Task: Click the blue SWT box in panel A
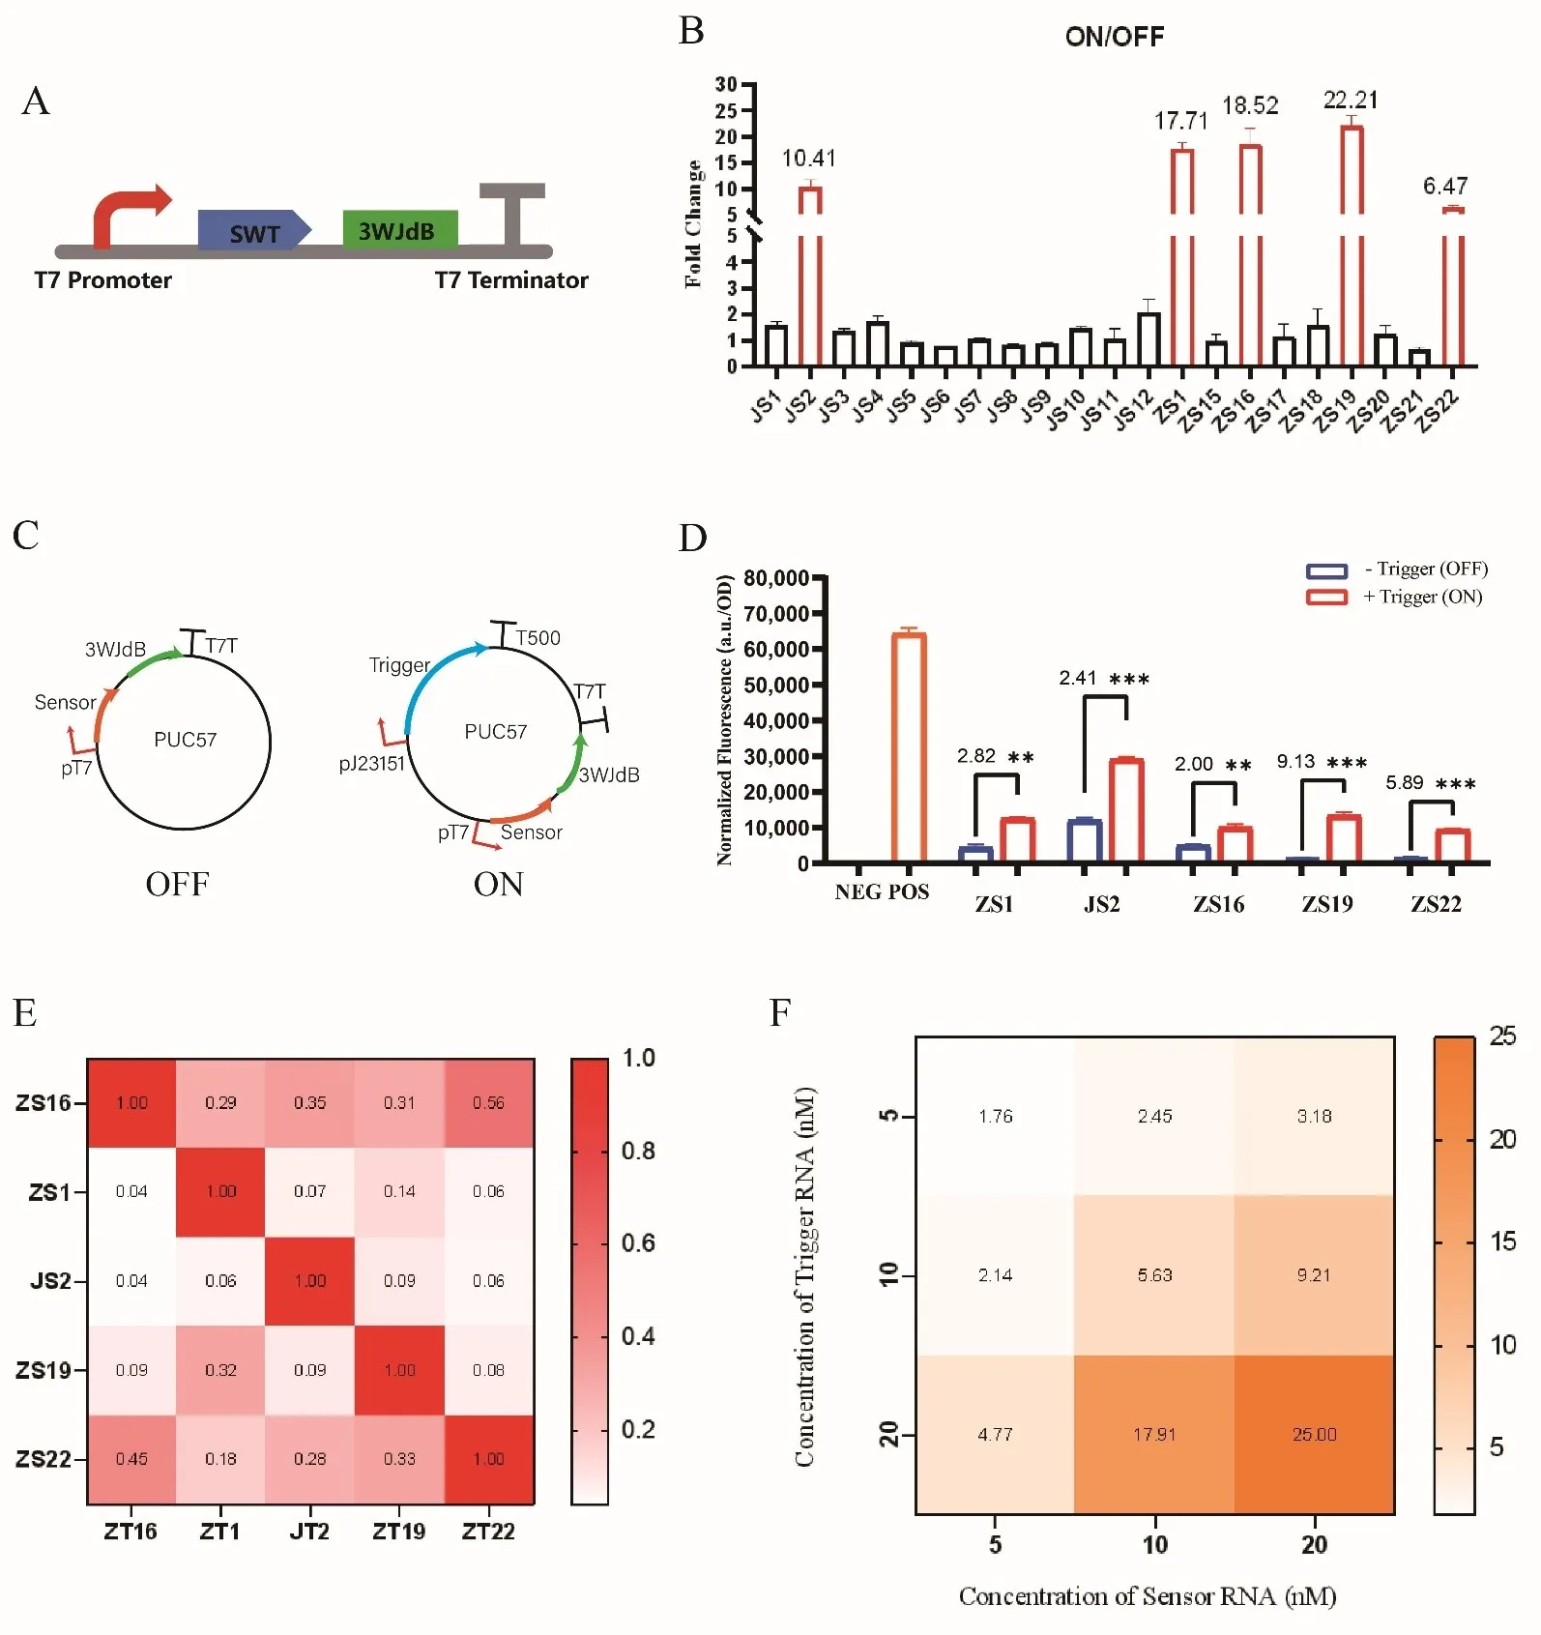point(253,230)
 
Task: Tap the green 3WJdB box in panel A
point(399,229)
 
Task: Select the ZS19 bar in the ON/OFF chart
point(1352,242)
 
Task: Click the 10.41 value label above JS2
point(808,159)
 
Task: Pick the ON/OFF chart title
point(1115,37)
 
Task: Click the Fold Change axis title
point(693,224)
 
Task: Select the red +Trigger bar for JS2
point(1126,810)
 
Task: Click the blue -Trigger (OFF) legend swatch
point(1326,570)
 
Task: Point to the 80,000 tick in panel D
point(776,578)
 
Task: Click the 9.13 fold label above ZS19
point(1295,762)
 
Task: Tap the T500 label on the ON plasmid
point(538,638)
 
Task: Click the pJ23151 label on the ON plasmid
point(371,764)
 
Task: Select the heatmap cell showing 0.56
point(488,1103)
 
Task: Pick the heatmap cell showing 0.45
point(131,1459)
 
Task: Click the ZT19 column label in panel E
point(398,1532)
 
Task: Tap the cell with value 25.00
point(1314,1435)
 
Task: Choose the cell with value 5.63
point(1154,1275)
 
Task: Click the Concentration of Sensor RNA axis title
point(1147,1596)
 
